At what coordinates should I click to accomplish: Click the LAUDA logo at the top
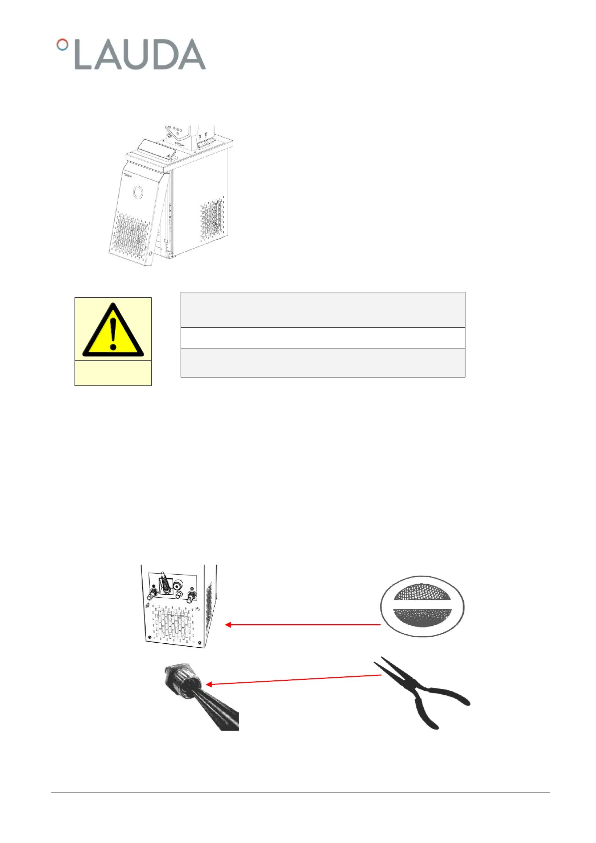(131, 54)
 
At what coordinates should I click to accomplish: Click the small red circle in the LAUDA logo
(62, 45)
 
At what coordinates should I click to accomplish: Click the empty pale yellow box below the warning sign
(113, 373)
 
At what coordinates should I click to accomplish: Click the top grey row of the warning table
(322, 310)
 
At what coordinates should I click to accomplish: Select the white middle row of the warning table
(322, 338)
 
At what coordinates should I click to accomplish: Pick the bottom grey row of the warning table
(322, 362)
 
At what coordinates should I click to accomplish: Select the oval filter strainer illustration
(422, 606)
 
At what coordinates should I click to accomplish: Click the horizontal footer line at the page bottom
(300, 792)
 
